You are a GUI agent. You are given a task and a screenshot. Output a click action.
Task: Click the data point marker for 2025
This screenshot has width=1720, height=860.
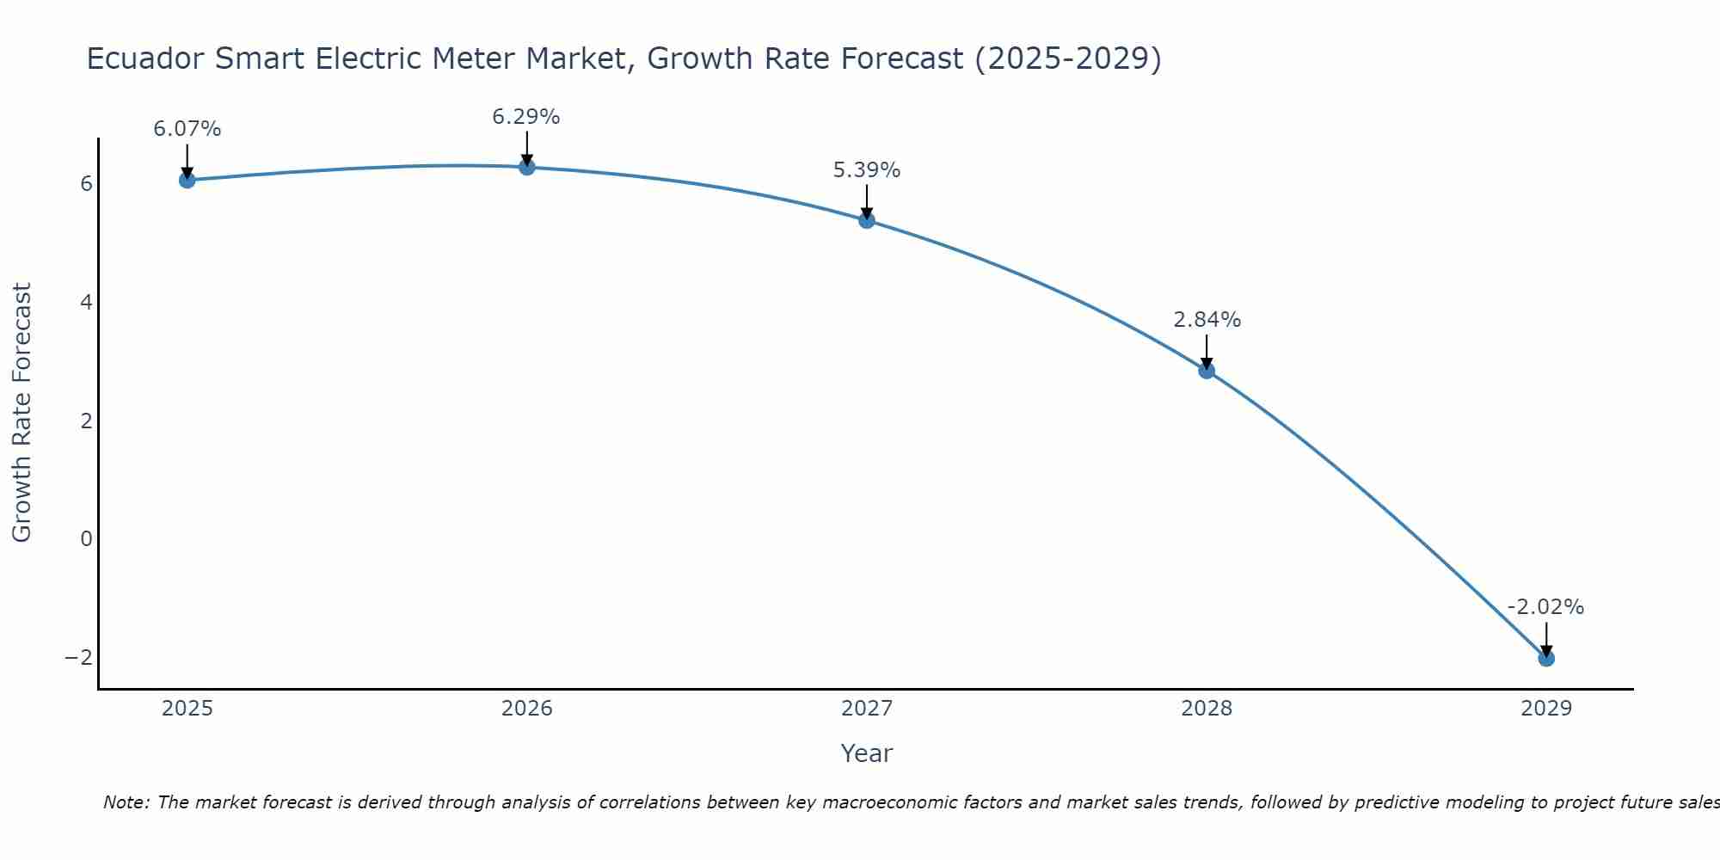click(x=187, y=180)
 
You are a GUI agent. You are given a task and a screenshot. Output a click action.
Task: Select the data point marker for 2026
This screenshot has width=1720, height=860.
click(x=527, y=167)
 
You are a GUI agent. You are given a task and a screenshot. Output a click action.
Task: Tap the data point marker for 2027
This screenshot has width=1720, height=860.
click(x=867, y=220)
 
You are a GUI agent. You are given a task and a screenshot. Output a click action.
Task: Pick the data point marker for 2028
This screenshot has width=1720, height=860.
click(x=1207, y=371)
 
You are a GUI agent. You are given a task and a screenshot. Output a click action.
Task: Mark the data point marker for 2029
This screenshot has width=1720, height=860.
click(x=1546, y=659)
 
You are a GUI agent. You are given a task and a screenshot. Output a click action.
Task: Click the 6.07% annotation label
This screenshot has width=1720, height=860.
click(x=187, y=129)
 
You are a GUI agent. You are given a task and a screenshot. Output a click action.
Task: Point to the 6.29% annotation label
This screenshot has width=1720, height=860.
click(x=526, y=116)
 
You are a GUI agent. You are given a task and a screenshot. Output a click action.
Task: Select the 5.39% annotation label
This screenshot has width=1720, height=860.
click(x=867, y=170)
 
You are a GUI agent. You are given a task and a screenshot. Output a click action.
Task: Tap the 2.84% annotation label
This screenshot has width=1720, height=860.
click(x=1207, y=320)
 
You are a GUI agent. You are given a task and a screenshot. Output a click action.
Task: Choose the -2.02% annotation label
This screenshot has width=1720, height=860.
click(x=1545, y=607)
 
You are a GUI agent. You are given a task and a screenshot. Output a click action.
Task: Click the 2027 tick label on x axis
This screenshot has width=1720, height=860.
click(x=867, y=709)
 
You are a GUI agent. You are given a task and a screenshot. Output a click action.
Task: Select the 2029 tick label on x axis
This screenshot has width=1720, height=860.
click(x=1546, y=709)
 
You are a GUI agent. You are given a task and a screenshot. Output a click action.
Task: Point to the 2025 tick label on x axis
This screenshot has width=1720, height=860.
click(x=187, y=709)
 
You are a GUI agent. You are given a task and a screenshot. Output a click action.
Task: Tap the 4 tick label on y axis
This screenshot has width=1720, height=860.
click(x=86, y=302)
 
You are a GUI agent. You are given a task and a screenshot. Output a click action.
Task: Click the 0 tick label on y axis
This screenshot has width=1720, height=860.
click(x=86, y=538)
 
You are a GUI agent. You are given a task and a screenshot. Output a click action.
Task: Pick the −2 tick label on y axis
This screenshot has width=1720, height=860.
click(x=78, y=657)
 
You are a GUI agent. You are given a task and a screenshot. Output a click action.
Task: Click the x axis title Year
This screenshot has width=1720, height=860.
click(x=867, y=753)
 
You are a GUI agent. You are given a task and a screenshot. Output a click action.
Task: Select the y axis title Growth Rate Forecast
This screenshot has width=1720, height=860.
click(x=21, y=413)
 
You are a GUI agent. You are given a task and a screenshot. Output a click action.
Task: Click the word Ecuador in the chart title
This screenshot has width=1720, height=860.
click(x=145, y=58)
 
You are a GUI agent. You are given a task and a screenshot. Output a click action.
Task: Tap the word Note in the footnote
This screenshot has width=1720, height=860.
click(x=126, y=802)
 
